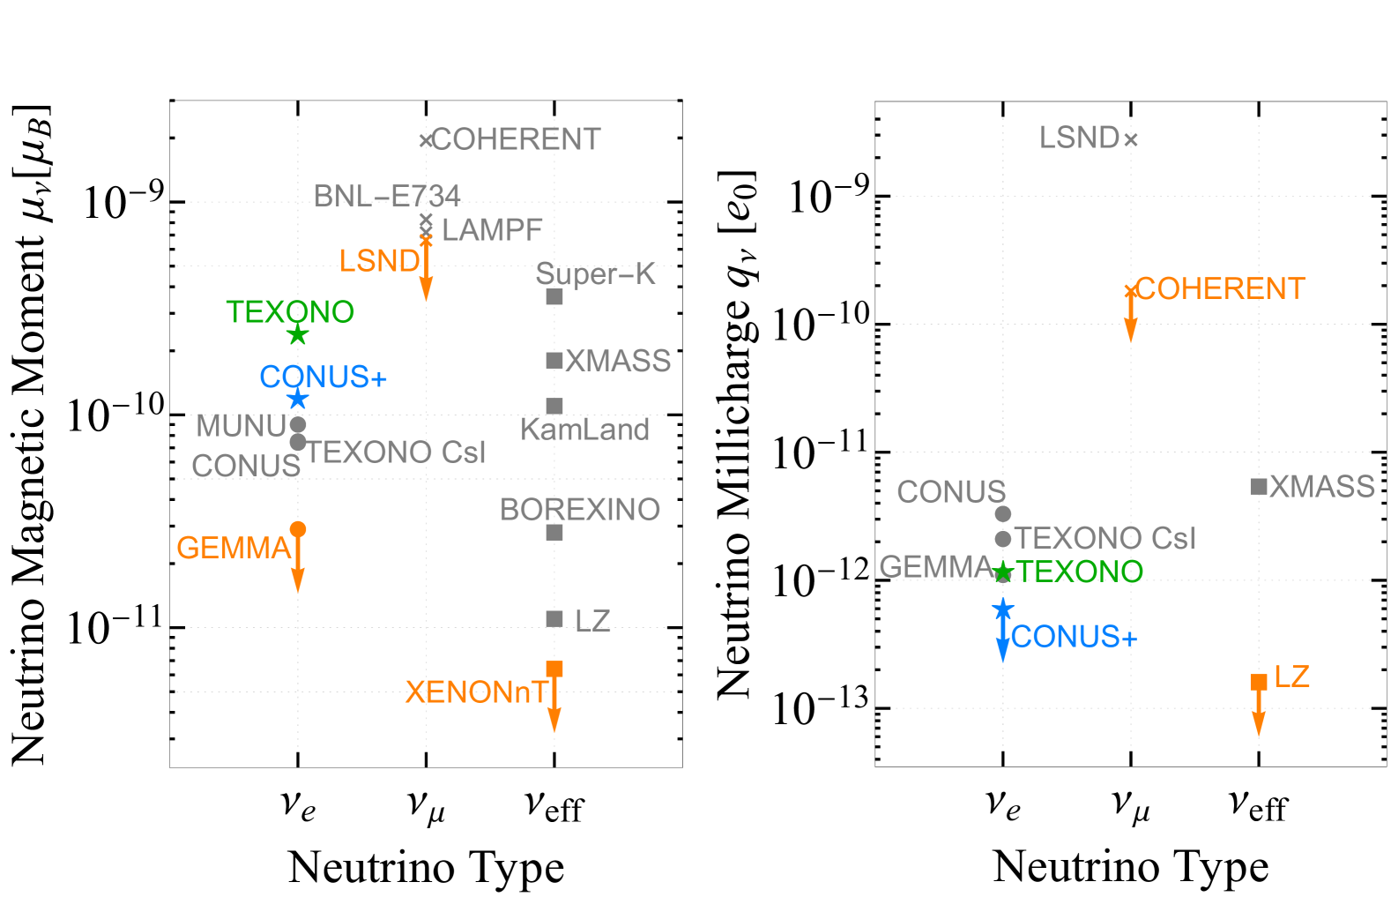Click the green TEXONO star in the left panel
tap(298, 335)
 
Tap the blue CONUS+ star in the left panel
tap(298, 400)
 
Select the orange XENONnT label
tap(476, 692)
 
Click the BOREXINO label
tap(580, 510)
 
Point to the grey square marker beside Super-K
tap(554, 296)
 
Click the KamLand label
tap(585, 430)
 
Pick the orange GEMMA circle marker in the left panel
tap(298, 529)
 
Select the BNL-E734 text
tap(387, 196)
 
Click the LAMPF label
tap(492, 230)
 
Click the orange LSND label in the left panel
tap(379, 261)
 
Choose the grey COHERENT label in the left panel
tap(516, 139)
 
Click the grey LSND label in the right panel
tap(1079, 138)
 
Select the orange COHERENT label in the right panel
tap(1220, 288)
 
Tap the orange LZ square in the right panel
tap(1259, 682)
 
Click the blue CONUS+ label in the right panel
tap(1074, 637)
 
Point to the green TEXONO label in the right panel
tap(1080, 572)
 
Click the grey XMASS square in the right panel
tap(1259, 486)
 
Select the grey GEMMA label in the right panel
tap(935, 567)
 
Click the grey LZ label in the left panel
tap(592, 621)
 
